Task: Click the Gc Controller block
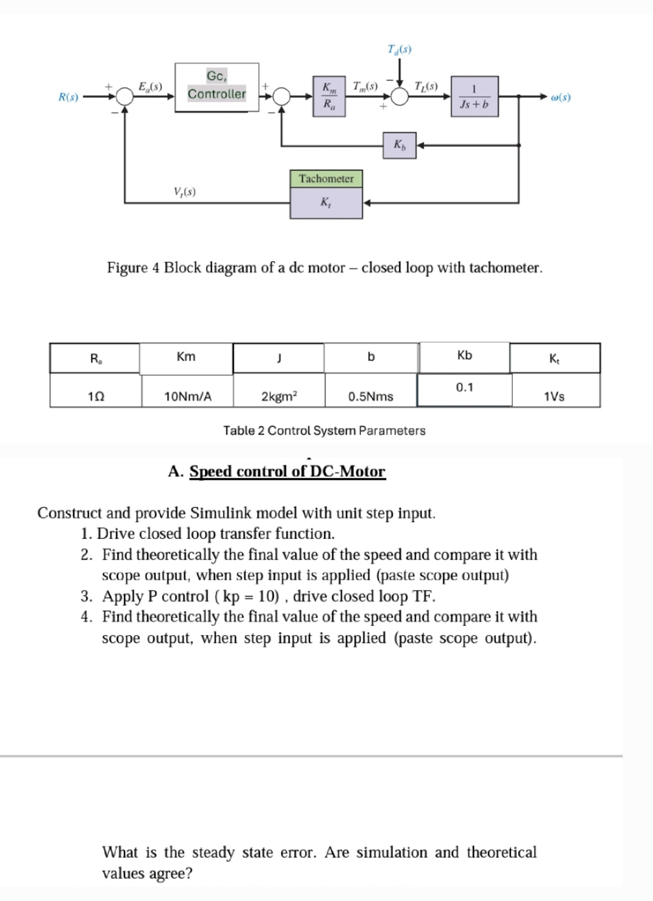(216, 87)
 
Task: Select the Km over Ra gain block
(328, 96)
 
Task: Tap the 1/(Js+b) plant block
(475, 97)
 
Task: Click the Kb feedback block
(400, 145)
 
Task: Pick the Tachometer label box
(326, 178)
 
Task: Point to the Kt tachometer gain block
(326, 203)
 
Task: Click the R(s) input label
(68, 97)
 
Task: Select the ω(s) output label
(560, 97)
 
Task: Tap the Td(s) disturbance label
(399, 49)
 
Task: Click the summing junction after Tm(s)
(399, 96)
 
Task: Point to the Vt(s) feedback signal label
(184, 192)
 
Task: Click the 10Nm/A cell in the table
(188, 396)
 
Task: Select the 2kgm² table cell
(279, 396)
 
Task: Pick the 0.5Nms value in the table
(371, 396)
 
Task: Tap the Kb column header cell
(464, 356)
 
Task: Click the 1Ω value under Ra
(96, 396)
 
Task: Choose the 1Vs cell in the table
(554, 396)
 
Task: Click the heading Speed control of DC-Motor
(287, 471)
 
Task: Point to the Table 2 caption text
(324, 431)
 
